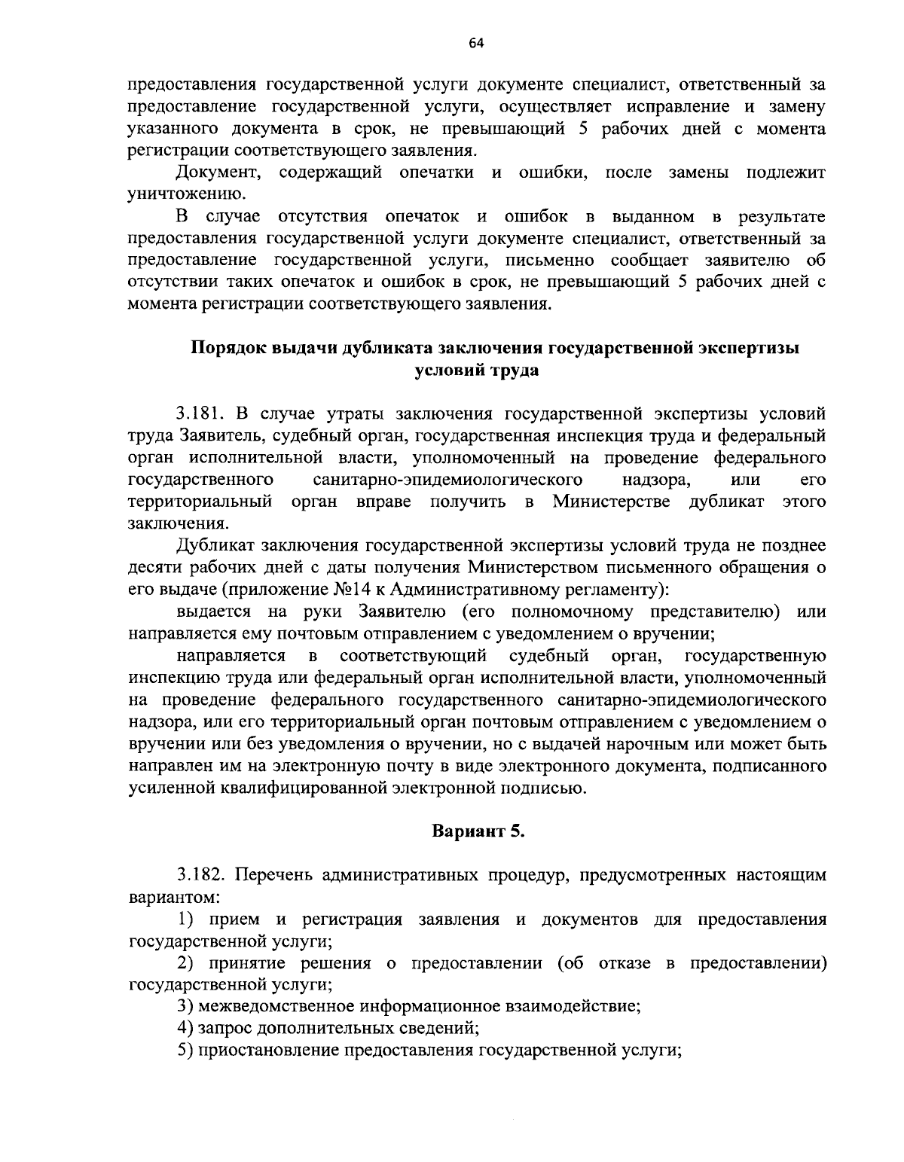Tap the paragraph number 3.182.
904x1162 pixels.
202,875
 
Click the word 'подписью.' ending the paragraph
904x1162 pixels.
548,788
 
